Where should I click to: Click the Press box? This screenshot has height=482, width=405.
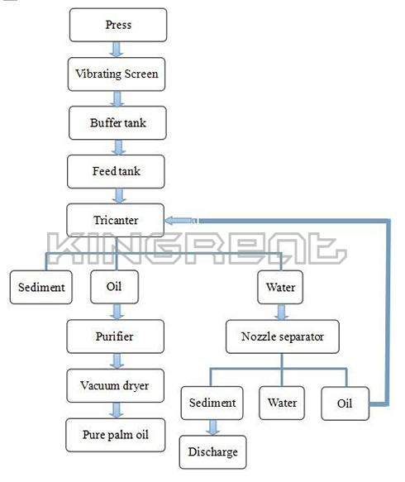coord(118,25)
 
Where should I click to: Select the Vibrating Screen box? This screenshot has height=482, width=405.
coord(117,74)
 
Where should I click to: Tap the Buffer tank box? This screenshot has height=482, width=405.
coord(117,123)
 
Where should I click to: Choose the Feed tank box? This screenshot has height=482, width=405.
coord(117,171)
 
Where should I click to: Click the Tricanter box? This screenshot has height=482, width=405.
coord(116,220)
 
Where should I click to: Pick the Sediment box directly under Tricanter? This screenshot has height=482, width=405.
coord(41,288)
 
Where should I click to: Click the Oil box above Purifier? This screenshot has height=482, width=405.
coord(114,287)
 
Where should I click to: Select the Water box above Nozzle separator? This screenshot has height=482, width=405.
coord(280,288)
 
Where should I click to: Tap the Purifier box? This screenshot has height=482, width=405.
coord(116,336)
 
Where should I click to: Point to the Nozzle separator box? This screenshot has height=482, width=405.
coord(283,336)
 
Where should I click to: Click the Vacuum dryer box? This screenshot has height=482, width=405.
coord(116,386)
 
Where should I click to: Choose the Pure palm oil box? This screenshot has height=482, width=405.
coord(116,435)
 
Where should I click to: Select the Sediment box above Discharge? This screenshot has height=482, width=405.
coord(212,403)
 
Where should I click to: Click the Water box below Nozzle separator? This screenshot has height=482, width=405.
coord(282,403)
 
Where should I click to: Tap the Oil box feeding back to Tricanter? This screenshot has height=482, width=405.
coord(345,403)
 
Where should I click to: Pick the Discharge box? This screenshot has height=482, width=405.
coord(213,452)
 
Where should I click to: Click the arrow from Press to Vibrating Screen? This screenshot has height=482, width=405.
coord(117,50)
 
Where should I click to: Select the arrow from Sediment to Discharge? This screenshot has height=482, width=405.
coord(212,427)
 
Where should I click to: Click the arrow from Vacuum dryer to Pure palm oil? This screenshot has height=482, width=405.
coord(117,410)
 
